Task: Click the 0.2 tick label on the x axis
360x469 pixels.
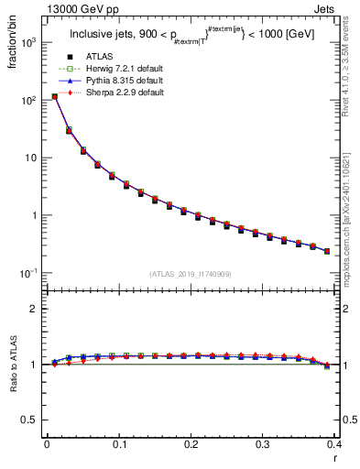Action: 191,444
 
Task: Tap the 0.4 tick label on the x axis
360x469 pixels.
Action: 333,444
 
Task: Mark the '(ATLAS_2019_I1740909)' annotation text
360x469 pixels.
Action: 190,274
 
